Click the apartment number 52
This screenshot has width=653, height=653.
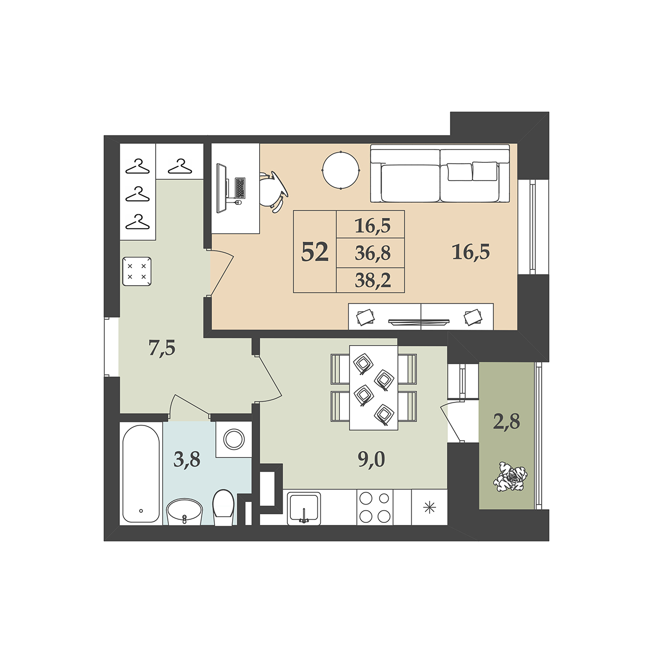315,252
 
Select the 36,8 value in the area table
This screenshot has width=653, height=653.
373,253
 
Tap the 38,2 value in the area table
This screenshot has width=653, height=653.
373,281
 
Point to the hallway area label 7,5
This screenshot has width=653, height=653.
162,348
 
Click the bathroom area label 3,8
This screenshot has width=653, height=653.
187,460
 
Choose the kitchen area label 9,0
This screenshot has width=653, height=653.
371,460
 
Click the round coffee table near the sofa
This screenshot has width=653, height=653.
341,170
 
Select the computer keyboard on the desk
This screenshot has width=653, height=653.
240,188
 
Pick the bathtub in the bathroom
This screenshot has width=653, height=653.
141,474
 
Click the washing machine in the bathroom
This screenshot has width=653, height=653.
234,439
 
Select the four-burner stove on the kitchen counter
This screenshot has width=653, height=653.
375,507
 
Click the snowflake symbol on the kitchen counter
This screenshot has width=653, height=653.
429,507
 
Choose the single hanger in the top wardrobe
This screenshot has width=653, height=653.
180,166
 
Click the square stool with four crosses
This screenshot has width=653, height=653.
137,271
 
